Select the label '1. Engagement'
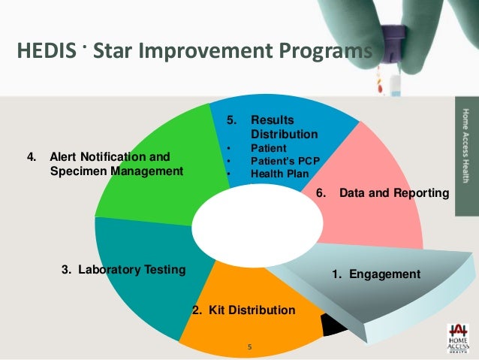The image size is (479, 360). (375, 274)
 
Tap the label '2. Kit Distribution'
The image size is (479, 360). (243, 310)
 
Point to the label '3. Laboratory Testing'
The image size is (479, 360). (122, 270)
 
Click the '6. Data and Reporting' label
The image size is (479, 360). (383, 193)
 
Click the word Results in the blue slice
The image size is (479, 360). (273, 120)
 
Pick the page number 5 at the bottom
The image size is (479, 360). (250, 346)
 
